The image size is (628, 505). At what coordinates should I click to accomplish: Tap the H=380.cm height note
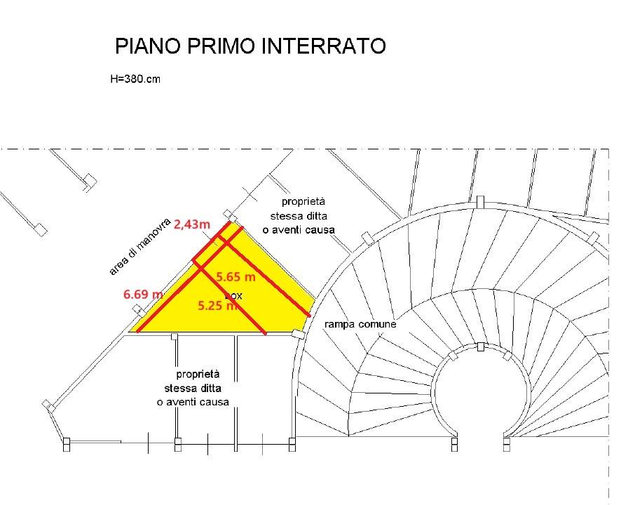pyautogui.click(x=135, y=79)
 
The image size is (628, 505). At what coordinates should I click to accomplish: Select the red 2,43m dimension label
pyautogui.click(x=192, y=224)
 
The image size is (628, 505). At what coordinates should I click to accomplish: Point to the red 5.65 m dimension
pyautogui.click(x=235, y=277)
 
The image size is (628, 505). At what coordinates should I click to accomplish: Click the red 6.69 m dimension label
pyautogui.click(x=143, y=295)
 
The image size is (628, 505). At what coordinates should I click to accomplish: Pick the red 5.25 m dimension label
pyautogui.click(x=217, y=306)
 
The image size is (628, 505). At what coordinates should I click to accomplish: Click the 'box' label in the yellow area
pyautogui.click(x=233, y=296)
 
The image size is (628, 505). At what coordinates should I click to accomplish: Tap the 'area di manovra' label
pyautogui.click(x=140, y=245)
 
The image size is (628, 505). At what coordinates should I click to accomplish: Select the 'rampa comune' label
pyautogui.click(x=360, y=325)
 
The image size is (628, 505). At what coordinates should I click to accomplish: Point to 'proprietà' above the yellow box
pyautogui.click(x=303, y=201)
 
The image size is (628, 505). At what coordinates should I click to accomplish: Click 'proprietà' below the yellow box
pyautogui.click(x=198, y=374)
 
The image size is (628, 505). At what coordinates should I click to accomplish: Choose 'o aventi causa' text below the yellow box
pyautogui.click(x=193, y=402)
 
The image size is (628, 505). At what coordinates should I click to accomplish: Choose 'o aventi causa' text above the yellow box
pyautogui.click(x=299, y=230)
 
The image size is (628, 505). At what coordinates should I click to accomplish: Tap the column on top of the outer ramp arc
pyautogui.click(x=479, y=202)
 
